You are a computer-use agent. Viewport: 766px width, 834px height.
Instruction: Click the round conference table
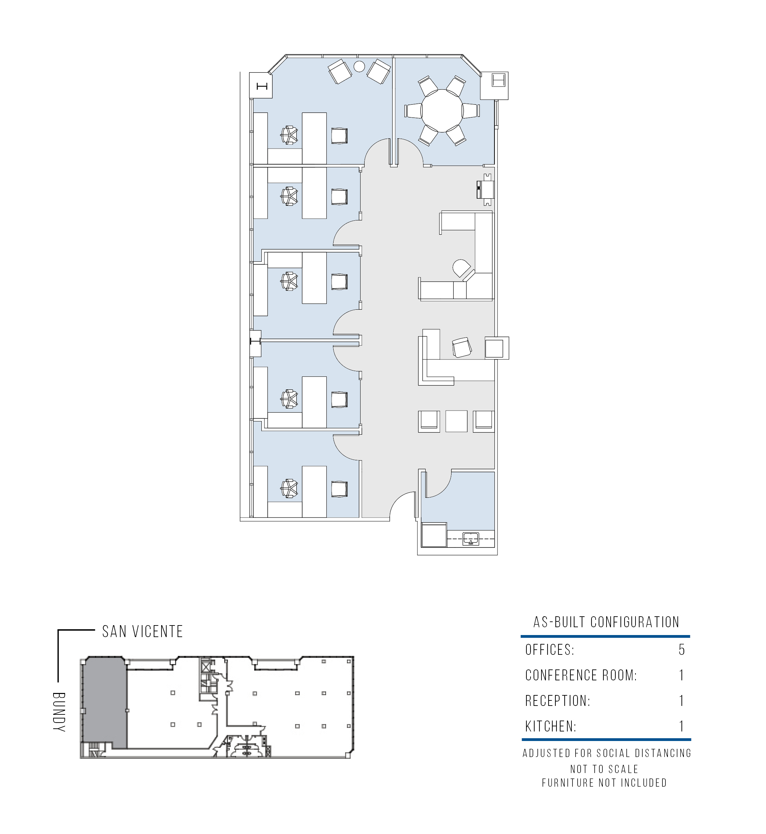tap(442, 111)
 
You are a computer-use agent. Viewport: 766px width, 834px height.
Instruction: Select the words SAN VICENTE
tap(142, 632)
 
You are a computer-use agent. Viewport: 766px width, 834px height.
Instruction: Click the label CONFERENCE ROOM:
tap(581, 675)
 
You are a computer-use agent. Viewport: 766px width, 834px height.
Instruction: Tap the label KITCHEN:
tap(551, 726)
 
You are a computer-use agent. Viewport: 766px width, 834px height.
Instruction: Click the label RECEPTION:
tap(557, 700)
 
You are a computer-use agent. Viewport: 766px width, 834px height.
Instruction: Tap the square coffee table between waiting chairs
tap(456, 421)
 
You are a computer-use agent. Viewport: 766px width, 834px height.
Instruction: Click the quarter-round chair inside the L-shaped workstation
tap(462, 268)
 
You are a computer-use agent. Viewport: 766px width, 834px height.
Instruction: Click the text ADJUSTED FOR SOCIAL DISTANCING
tap(607, 753)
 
